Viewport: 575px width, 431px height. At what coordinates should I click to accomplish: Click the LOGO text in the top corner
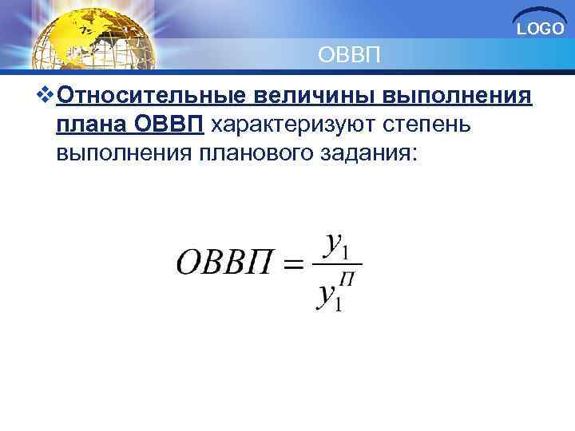[541, 30]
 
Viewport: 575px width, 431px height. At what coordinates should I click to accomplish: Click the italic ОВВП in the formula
[224, 263]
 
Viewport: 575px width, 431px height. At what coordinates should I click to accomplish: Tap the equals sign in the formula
[293, 264]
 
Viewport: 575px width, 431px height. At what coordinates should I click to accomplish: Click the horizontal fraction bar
[339, 264]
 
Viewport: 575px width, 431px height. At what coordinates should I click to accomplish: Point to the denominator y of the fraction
[326, 295]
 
